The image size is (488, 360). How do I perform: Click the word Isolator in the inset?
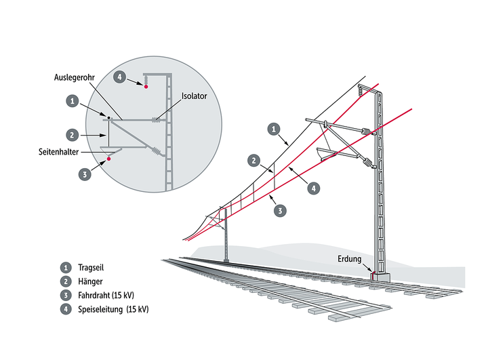point(193,96)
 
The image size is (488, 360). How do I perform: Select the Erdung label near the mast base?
point(350,258)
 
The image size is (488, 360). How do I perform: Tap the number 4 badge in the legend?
point(66,309)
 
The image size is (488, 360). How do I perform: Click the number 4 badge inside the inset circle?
point(120,77)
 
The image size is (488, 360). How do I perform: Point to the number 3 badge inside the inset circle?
point(85,174)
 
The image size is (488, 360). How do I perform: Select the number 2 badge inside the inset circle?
point(71,134)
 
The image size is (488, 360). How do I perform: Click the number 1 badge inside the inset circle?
point(71,101)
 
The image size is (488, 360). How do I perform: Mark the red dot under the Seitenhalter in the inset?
point(108,161)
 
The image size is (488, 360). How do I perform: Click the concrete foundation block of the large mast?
point(380,277)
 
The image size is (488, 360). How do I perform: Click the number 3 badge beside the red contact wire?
point(280,211)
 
